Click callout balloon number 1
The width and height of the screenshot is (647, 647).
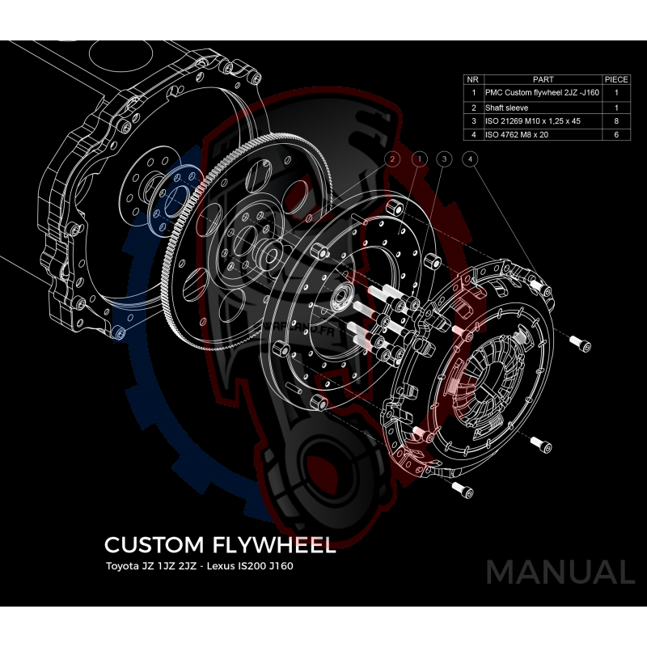(x=418, y=159)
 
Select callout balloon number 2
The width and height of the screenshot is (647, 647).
(x=392, y=159)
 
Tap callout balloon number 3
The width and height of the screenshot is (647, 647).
(x=443, y=159)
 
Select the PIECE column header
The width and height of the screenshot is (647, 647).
(x=616, y=80)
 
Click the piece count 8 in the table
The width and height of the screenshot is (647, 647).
(x=616, y=121)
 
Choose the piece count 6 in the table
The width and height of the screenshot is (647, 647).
(x=616, y=134)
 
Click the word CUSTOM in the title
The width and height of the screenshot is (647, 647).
(x=153, y=544)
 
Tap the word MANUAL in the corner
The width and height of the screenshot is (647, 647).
(x=560, y=572)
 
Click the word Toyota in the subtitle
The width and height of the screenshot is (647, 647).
(x=122, y=565)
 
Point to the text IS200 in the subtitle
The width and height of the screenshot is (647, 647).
(x=251, y=565)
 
